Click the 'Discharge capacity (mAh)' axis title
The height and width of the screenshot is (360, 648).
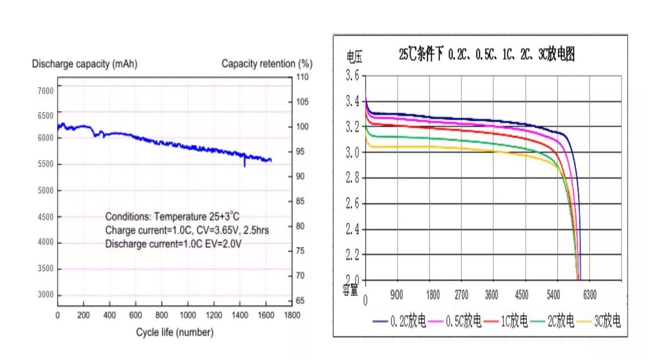(85, 64)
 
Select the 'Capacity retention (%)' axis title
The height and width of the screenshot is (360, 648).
(267, 64)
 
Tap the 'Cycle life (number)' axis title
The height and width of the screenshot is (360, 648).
(175, 332)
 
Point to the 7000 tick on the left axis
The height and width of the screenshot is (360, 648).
(46, 90)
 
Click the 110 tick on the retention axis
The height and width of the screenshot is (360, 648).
(302, 77)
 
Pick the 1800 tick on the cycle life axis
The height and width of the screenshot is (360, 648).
(292, 315)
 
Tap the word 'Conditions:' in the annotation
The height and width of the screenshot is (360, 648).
(128, 217)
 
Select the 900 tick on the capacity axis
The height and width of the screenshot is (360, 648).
(396, 295)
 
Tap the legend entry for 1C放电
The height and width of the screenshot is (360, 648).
(514, 321)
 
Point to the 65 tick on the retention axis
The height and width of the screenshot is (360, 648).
(300, 301)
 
